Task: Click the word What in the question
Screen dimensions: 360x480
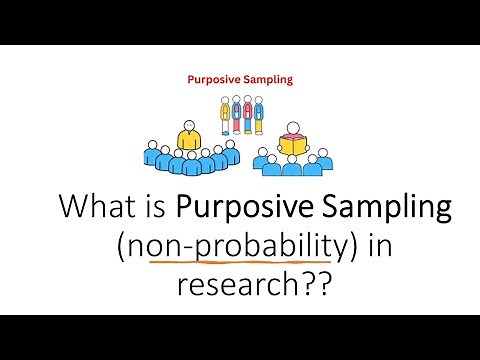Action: (94, 208)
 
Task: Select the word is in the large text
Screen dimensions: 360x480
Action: (154, 208)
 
